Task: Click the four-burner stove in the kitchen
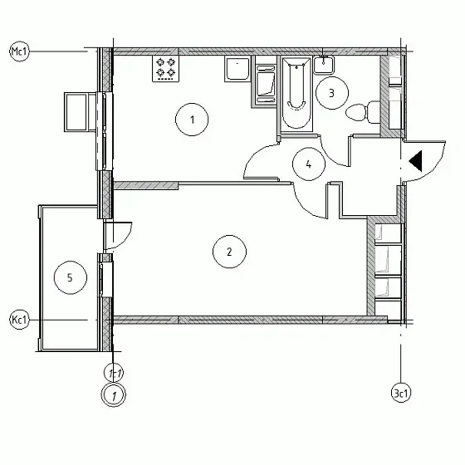click(x=166, y=68)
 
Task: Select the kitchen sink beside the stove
click(x=237, y=69)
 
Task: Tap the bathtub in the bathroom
click(x=296, y=94)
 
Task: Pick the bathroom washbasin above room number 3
click(x=324, y=65)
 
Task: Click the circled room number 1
click(x=192, y=120)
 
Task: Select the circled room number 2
click(x=229, y=252)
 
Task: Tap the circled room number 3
click(x=331, y=93)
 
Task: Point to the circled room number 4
click(x=309, y=164)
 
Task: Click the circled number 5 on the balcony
click(x=71, y=277)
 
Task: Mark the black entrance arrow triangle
click(x=415, y=161)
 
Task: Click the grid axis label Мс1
click(x=20, y=51)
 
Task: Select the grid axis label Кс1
click(x=20, y=320)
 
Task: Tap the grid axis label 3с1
click(x=401, y=394)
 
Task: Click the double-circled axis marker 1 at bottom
click(x=114, y=395)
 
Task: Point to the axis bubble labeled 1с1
click(x=114, y=373)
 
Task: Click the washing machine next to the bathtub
click(x=266, y=84)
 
